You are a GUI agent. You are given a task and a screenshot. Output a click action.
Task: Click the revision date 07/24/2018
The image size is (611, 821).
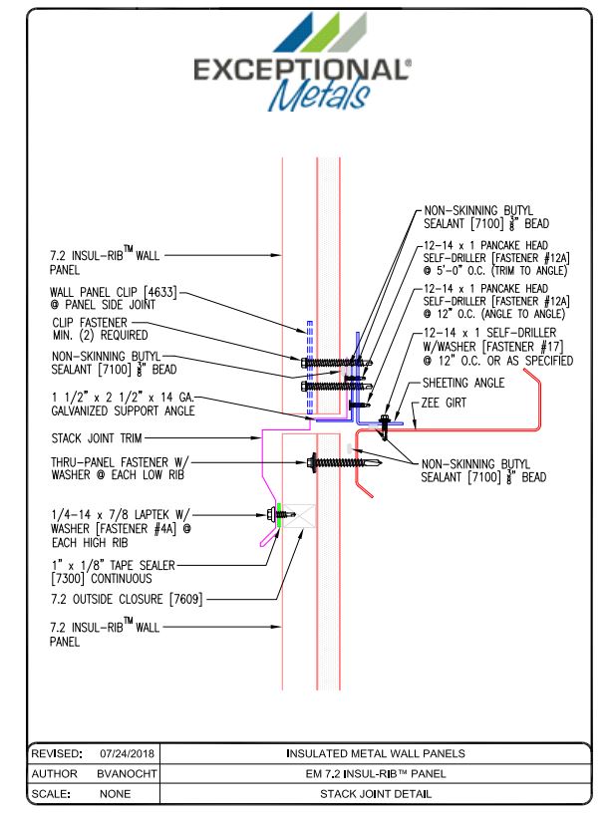[x=125, y=753]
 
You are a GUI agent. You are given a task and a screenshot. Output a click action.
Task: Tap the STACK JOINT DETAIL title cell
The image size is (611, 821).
[x=376, y=794]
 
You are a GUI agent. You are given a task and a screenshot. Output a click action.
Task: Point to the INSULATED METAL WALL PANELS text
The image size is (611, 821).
[x=376, y=753]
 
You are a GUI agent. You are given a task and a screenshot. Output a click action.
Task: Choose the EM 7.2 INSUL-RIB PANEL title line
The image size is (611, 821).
[x=376, y=773]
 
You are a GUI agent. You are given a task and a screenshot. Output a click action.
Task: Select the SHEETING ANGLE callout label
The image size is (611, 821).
[x=464, y=383]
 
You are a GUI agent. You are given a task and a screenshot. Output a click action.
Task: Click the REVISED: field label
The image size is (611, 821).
[x=56, y=753]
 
